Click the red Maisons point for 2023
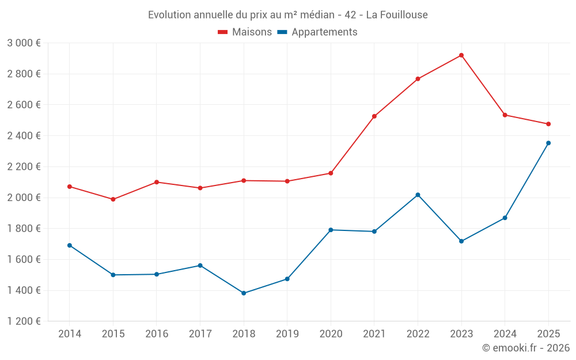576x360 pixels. pos(461,55)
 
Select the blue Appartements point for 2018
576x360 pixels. pos(244,293)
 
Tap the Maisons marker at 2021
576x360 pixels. pos(374,116)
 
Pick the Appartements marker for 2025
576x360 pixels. pos(548,143)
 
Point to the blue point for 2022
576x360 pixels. pos(418,195)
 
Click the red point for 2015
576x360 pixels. pos(113,199)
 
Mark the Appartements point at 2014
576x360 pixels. pos(70,245)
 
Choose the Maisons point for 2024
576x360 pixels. pos(505,115)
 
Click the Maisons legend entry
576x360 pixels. pos(245,32)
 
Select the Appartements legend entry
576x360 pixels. pos(318,32)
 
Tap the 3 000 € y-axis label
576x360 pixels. pos(24,43)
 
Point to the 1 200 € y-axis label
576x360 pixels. pos(24,321)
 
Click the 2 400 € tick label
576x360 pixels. pos(24,136)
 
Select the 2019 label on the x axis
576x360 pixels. pos(287,334)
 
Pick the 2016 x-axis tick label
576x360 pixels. pos(157,334)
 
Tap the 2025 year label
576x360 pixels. pos(548,334)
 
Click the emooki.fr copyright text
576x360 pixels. pos(525,348)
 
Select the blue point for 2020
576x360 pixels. pos(331,230)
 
